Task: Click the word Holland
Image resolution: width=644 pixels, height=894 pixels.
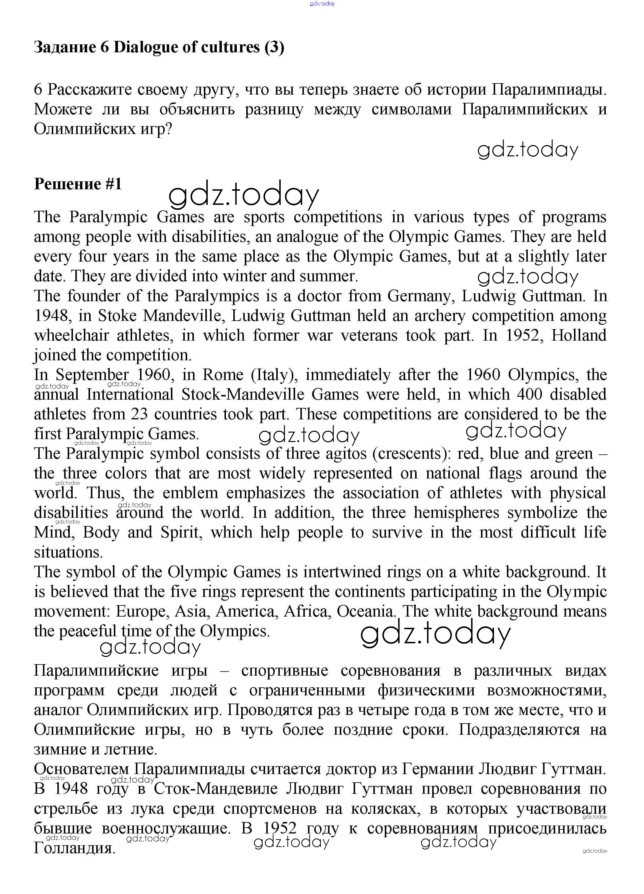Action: (578, 335)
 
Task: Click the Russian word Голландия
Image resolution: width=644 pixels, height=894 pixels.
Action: (75, 848)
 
